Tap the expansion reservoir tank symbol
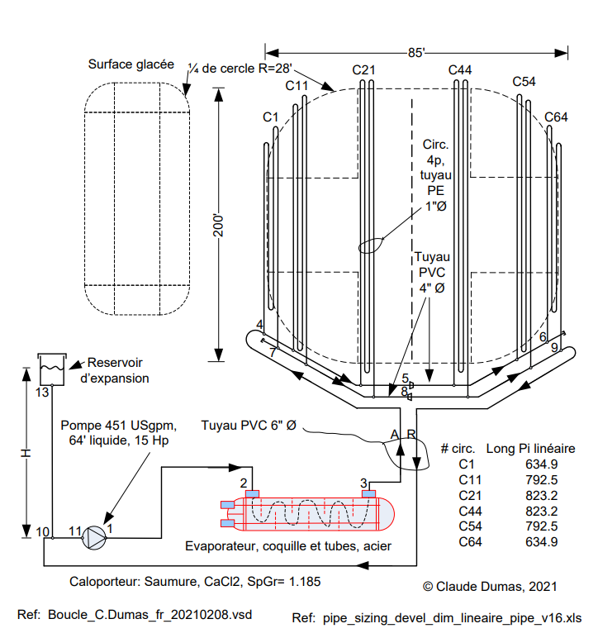(51, 367)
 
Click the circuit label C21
(364, 70)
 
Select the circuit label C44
(460, 70)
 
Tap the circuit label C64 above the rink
(556, 117)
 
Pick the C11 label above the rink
(297, 85)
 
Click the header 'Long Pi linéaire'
(530, 449)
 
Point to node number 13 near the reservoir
(43, 392)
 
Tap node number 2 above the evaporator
(244, 483)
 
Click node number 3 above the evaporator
(363, 483)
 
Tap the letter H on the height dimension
(26, 455)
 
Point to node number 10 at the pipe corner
(43, 531)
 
